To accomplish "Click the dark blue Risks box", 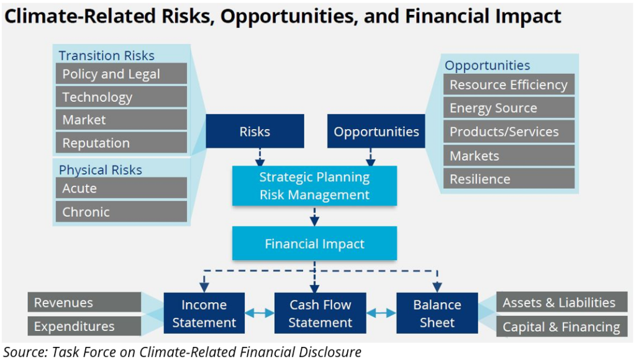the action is point(255,131).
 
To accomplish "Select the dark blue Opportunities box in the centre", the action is point(376,131).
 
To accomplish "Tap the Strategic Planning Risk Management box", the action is point(314,186).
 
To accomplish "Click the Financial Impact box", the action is point(314,243).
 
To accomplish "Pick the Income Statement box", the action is point(204,313).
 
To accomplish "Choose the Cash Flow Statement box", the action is point(320,313).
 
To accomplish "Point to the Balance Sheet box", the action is point(437,313).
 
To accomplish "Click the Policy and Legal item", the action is point(121,74).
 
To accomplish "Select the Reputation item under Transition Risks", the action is point(121,143).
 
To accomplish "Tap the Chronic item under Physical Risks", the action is point(121,212).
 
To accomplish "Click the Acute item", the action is point(121,188).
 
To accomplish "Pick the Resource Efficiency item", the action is point(509,85).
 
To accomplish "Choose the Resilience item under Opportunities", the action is point(509,179).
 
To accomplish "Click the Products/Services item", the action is point(509,132).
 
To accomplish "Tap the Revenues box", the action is point(84,302).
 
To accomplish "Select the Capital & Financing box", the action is point(561,326).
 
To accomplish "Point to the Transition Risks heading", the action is point(106,55).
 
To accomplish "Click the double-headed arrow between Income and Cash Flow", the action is point(260,313).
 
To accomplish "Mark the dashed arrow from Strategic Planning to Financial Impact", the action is point(314,217).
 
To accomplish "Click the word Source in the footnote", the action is point(25,352).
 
